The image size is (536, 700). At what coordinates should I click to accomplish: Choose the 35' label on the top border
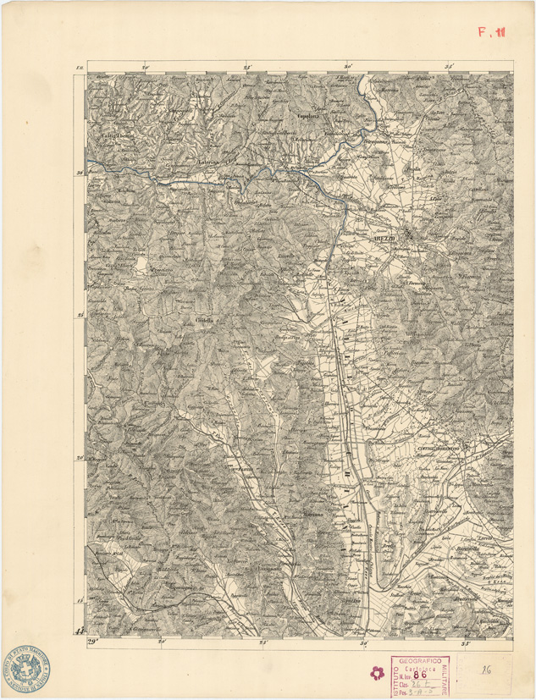click(450, 65)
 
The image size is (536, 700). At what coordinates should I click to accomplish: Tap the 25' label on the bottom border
click(263, 642)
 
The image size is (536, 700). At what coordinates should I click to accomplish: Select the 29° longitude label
click(92, 642)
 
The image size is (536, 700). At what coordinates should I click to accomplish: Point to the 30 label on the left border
click(80, 173)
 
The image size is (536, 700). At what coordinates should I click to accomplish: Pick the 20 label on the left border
click(80, 458)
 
